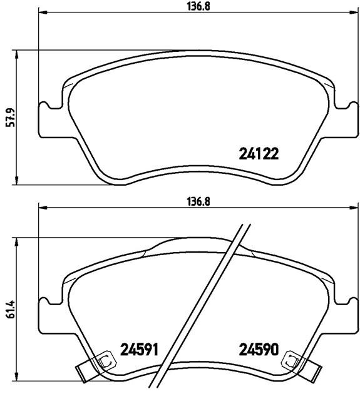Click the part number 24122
(x=259, y=154)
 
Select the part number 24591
(x=139, y=350)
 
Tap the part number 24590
(x=259, y=350)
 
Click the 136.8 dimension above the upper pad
(x=198, y=7)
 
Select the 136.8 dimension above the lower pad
(x=198, y=202)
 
